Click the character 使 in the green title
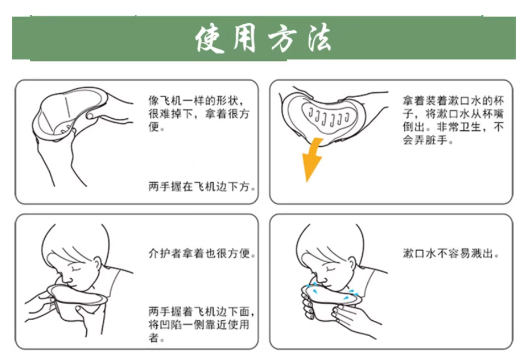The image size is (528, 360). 212,39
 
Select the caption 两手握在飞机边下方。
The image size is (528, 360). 203,187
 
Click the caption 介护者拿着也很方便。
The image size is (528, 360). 203,254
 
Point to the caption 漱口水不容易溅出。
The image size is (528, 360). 452,254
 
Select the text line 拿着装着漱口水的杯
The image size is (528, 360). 453,101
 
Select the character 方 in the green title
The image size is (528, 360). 280,39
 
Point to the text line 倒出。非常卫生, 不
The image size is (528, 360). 453,128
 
